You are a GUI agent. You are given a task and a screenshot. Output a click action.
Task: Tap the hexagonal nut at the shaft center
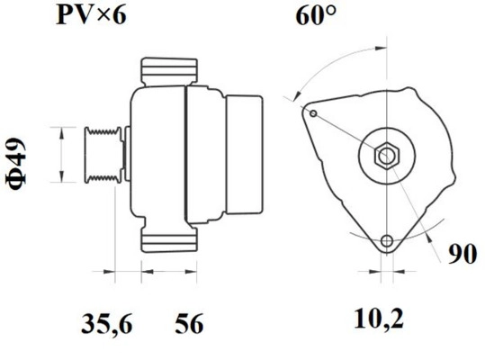pos(385,155)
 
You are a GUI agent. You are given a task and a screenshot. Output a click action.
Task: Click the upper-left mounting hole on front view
pos(311,114)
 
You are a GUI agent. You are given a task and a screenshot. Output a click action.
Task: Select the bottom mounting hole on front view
pos(387,240)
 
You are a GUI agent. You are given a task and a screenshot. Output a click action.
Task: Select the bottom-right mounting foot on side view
pos(186,241)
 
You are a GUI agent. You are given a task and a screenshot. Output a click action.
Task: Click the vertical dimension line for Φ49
pos(61,155)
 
